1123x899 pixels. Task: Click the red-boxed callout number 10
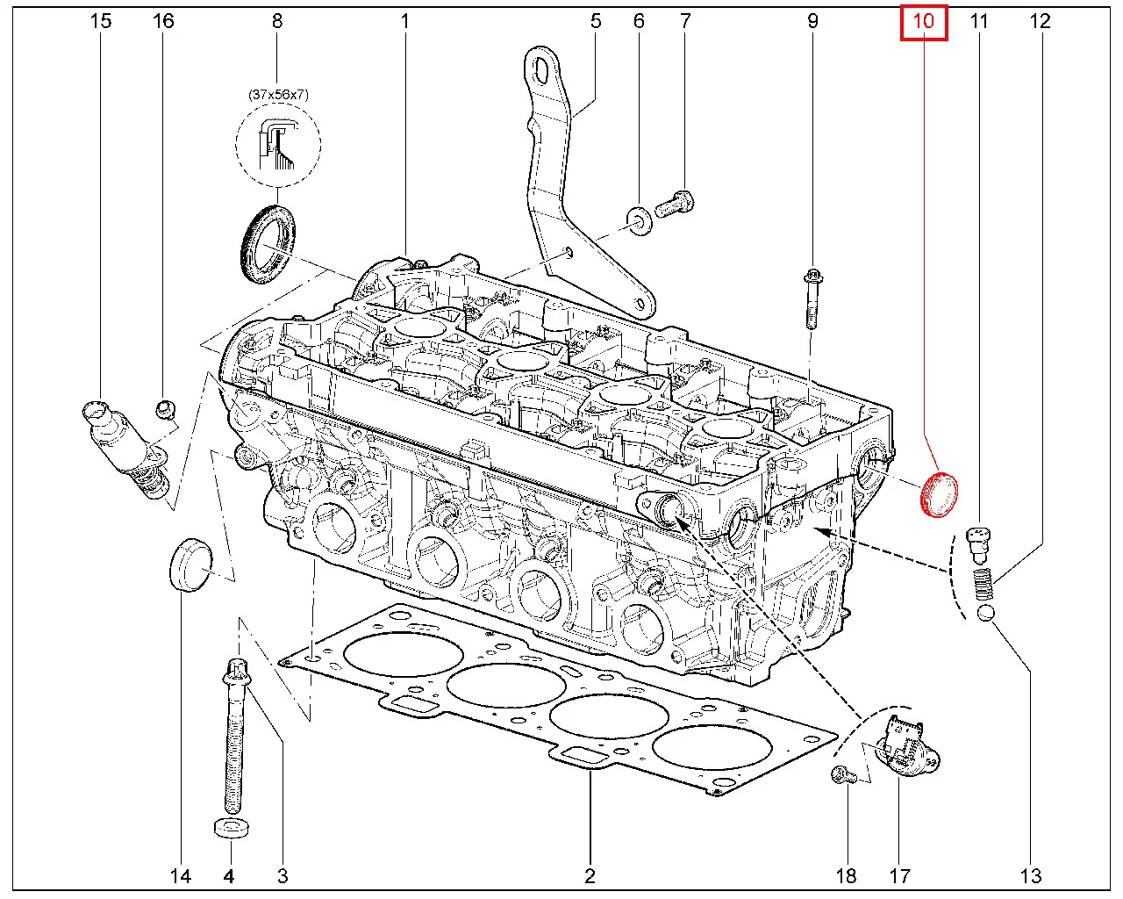(x=925, y=20)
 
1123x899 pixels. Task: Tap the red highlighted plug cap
(x=938, y=494)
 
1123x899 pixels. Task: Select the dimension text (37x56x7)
(x=277, y=95)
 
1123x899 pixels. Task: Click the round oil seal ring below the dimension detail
(x=268, y=243)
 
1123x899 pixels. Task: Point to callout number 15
(x=101, y=20)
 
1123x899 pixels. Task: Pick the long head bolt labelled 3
(x=234, y=737)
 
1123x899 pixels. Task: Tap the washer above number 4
(x=230, y=828)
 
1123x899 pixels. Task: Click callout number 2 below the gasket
(x=590, y=874)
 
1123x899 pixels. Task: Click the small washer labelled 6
(x=639, y=217)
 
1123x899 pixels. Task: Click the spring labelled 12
(x=984, y=584)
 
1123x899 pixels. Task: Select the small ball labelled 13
(x=985, y=613)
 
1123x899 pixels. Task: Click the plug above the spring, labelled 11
(x=978, y=544)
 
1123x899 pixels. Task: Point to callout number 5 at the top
(x=596, y=20)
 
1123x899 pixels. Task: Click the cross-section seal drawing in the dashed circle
(x=278, y=144)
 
